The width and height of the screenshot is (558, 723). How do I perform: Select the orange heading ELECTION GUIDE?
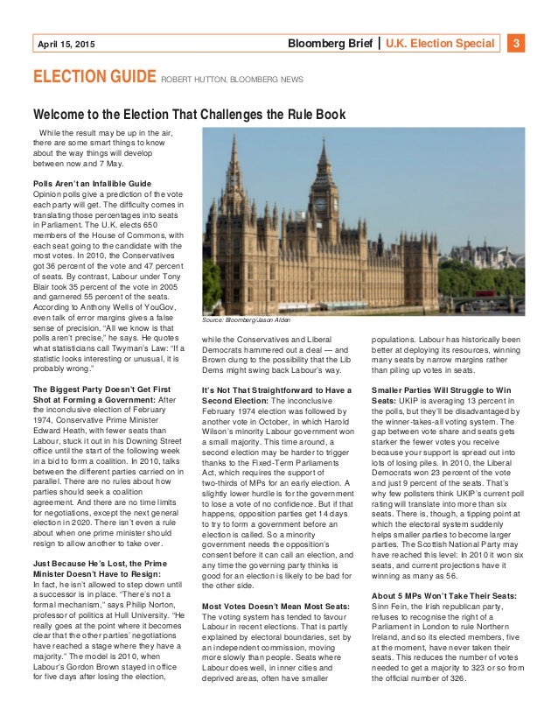[x=94, y=77]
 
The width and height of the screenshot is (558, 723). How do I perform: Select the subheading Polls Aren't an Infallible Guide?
[x=92, y=184]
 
